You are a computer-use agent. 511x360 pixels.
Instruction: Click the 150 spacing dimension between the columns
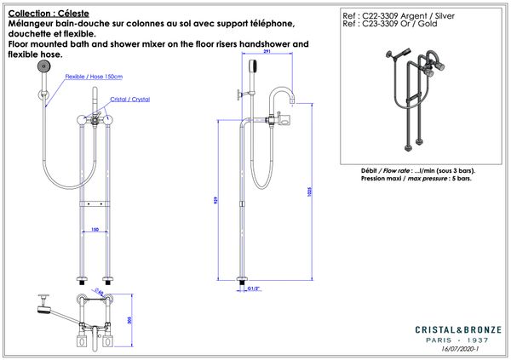tap(95, 230)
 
